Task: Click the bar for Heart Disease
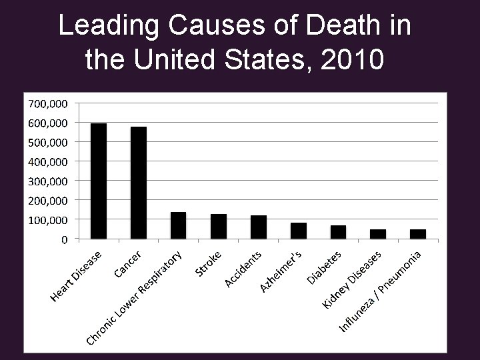click(x=99, y=181)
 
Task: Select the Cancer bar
click(x=139, y=182)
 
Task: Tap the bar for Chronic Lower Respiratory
click(x=179, y=225)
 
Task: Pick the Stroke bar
click(x=219, y=226)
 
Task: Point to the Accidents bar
click(x=259, y=227)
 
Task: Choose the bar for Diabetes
click(x=338, y=231)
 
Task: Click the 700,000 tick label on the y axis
click(x=47, y=103)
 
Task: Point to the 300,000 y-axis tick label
click(x=47, y=181)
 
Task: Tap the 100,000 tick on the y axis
click(x=47, y=219)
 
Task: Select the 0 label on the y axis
click(x=64, y=239)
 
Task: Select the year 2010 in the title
click(x=352, y=61)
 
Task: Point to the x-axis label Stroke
click(x=209, y=262)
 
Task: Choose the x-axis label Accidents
click(x=244, y=268)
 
